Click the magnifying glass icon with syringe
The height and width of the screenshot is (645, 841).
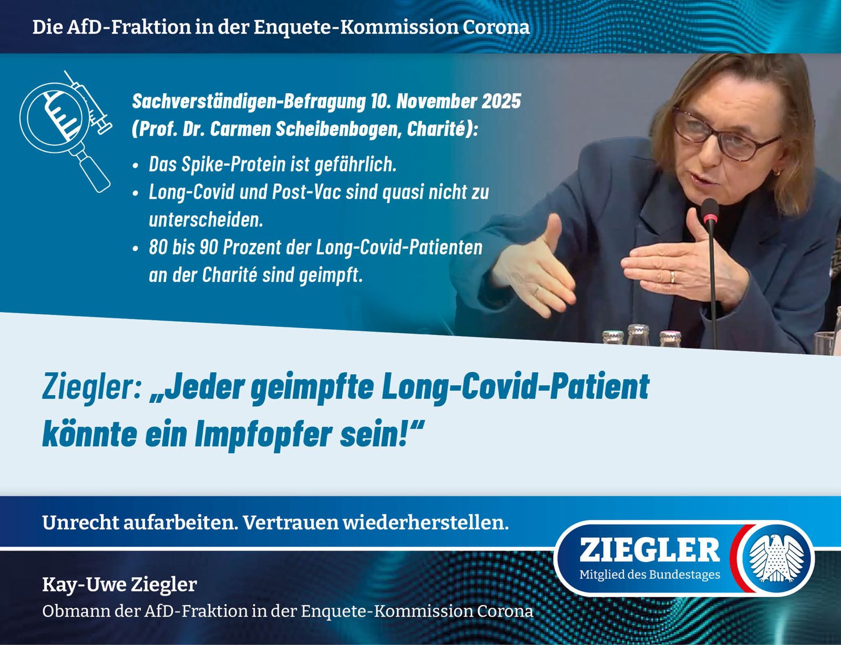tap(66, 131)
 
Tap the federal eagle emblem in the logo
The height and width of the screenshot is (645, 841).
tap(776, 558)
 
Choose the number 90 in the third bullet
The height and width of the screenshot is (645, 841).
tap(209, 248)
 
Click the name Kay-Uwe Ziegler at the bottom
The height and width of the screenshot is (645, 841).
tap(120, 584)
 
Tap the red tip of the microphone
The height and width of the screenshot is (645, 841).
tap(710, 220)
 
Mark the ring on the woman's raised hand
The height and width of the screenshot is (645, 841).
tap(673, 277)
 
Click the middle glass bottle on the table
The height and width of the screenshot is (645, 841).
tap(638, 334)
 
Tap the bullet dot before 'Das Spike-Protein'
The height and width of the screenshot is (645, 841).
tap(135, 166)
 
